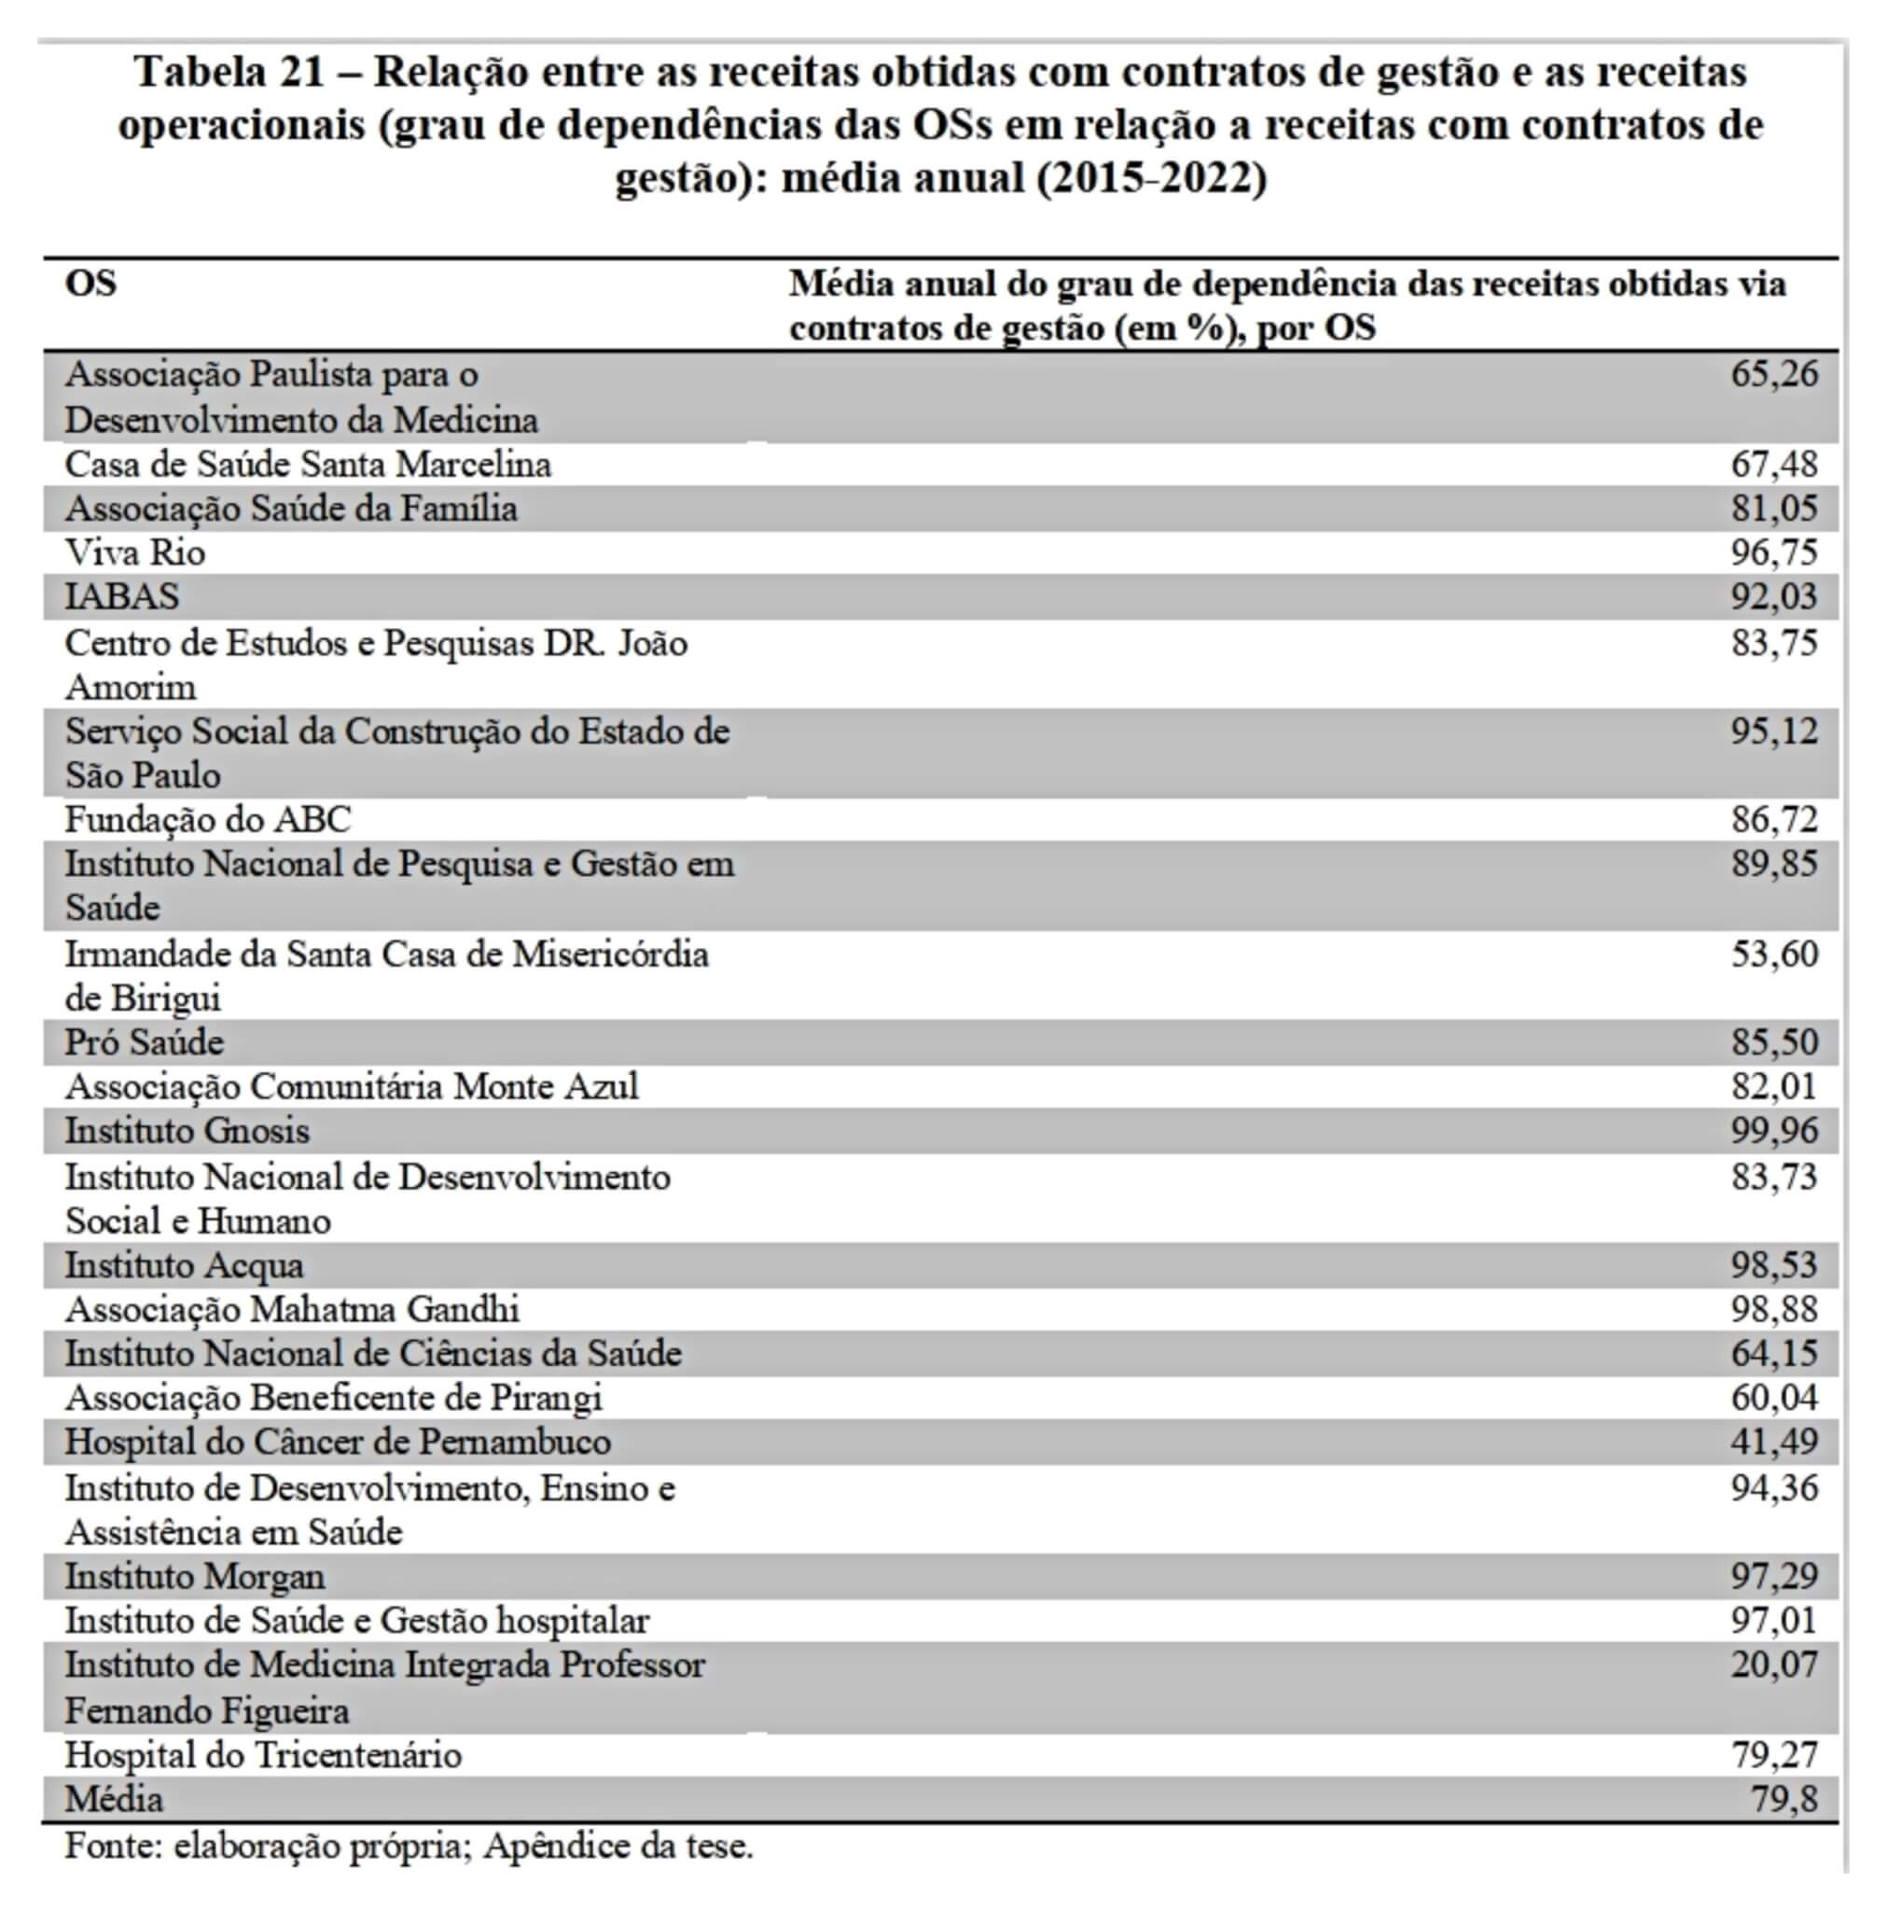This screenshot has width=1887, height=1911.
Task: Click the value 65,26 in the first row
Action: click(1773, 375)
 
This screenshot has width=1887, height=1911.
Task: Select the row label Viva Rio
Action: click(135, 552)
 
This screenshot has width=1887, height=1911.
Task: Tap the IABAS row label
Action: click(122, 596)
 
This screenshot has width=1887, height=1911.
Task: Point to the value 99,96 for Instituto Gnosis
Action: click(1773, 1131)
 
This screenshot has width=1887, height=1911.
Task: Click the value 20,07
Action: click(1773, 1665)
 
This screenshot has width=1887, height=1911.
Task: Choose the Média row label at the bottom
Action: click(114, 1798)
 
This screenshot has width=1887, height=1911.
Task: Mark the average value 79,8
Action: click(1783, 1798)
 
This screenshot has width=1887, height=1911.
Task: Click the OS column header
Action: click(91, 284)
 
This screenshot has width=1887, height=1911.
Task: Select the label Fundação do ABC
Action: click(208, 819)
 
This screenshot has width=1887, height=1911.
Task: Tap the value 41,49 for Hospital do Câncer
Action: click(1773, 1441)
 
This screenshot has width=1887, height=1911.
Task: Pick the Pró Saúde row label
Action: click(145, 1041)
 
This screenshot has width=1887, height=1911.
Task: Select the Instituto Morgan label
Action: click(195, 1576)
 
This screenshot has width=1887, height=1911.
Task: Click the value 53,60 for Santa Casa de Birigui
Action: click(1773, 954)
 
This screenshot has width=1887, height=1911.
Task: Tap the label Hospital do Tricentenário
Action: click(263, 1755)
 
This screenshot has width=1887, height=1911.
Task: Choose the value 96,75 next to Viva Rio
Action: click(1773, 552)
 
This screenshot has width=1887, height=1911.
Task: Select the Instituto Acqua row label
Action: click(184, 1265)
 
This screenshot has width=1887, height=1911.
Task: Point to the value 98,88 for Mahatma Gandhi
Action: click(1773, 1308)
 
